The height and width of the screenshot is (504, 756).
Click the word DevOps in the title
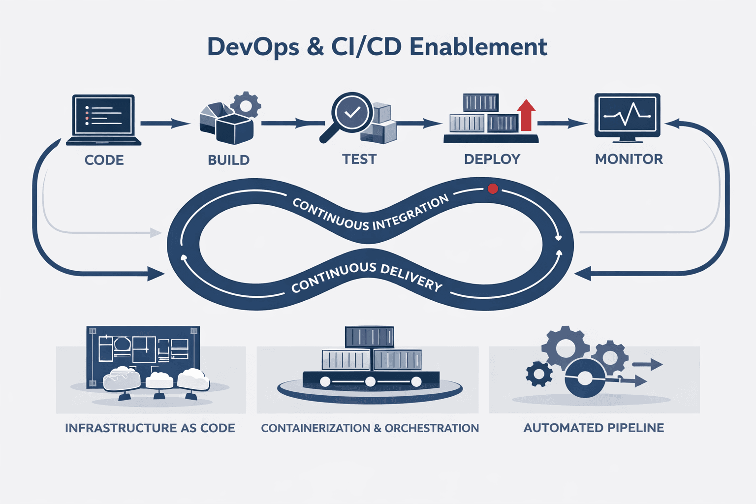[252, 47]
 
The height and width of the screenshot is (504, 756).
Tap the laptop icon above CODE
[103, 119]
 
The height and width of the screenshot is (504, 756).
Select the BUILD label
[228, 160]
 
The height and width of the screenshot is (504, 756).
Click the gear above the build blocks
[246, 105]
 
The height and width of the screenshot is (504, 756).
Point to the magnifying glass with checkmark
[350, 113]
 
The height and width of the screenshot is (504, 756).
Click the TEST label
[359, 159]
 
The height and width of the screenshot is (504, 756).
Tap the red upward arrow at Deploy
[526, 114]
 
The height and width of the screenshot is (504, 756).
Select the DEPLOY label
[492, 159]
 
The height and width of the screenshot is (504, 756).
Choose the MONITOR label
[629, 159]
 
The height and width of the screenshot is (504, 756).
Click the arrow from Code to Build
[165, 123]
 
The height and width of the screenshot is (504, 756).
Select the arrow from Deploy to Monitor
[563, 123]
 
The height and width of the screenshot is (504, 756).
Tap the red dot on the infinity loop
[492, 189]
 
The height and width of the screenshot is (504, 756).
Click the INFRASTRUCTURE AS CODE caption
[150, 428]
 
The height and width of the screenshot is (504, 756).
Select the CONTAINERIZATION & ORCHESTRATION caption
[370, 428]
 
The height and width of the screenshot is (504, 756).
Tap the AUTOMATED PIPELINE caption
[594, 428]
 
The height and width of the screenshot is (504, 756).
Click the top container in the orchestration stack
[369, 337]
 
